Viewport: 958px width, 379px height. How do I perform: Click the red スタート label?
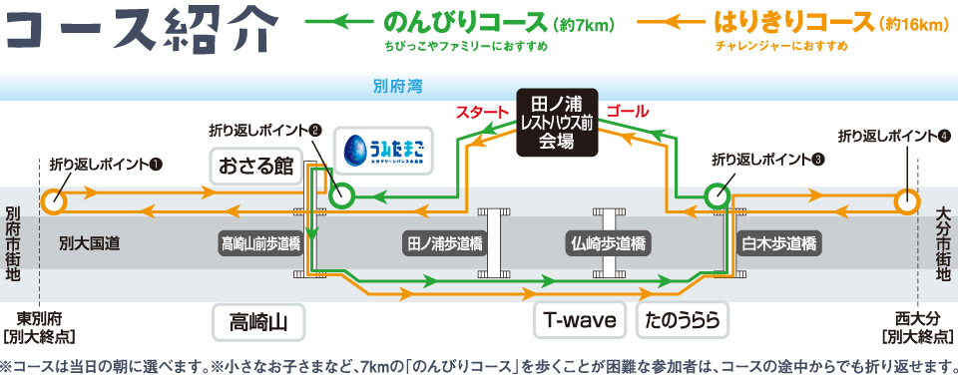click(481, 111)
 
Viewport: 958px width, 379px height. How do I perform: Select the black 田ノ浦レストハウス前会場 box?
click(558, 122)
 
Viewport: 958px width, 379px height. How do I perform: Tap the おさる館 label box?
click(256, 165)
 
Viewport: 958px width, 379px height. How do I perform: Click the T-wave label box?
click(580, 321)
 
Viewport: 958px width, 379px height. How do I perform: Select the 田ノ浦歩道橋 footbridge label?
click(444, 242)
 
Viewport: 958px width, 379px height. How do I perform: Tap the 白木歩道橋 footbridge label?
click(778, 242)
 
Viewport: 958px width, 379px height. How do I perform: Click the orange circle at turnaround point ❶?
click(53, 202)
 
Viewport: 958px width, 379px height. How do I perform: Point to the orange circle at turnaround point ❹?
click(906, 202)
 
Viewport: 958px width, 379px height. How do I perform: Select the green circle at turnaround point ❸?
click(717, 196)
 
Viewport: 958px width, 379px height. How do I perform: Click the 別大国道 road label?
click(89, 242)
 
